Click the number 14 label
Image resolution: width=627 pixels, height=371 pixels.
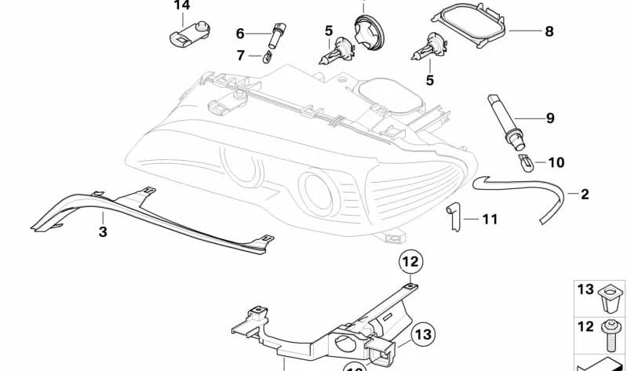182,6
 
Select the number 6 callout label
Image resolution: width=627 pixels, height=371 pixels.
240,33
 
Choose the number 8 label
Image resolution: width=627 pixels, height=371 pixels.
549,31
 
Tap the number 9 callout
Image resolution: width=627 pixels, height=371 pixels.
550,118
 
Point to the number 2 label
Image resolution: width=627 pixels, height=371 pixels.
585,194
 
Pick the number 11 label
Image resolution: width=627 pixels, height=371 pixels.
490,220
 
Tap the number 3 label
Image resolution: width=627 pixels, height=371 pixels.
103,231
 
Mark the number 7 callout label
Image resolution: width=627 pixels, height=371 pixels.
241,56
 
